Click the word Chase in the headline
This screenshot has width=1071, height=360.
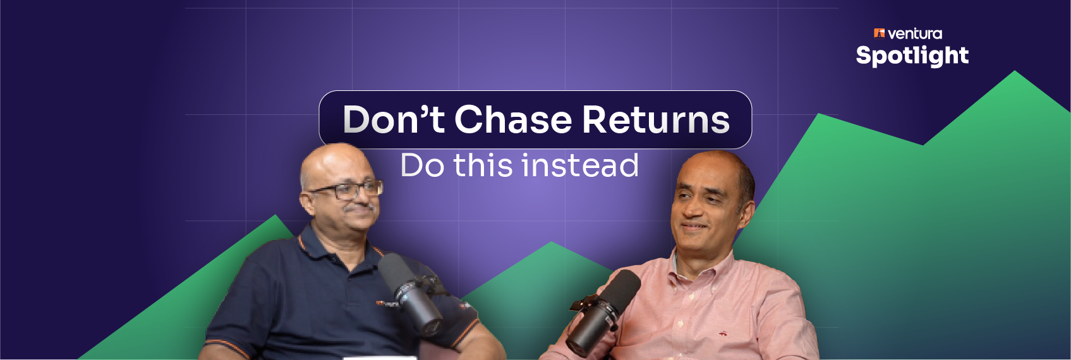coord(512,119)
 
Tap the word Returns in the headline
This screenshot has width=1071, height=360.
coord(656,119)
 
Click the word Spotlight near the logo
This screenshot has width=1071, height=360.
coord(912,56)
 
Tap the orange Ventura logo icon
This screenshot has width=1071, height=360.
coord(879,33)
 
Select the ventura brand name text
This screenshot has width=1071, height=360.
coord(915,34)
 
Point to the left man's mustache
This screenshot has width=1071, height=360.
coord(359,208)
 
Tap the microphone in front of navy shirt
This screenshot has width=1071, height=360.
coord(411,294)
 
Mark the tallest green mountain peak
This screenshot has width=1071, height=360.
coord(1015,71)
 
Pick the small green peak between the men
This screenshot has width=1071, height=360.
coord(552,243)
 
